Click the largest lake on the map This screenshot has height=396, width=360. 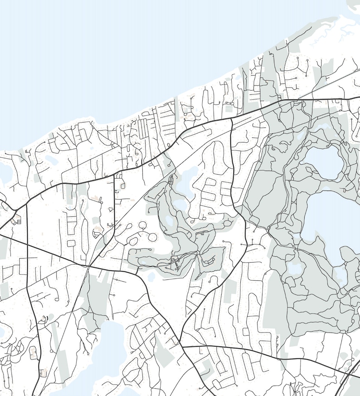[333, 227]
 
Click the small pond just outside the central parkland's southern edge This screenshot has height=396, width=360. [151, 276]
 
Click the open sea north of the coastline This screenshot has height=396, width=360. [113, 54]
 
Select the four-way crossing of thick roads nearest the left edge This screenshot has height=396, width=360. [27, 244]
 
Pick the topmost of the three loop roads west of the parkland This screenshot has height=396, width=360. [142, 225]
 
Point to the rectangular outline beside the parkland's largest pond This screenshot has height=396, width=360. [171, 181]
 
